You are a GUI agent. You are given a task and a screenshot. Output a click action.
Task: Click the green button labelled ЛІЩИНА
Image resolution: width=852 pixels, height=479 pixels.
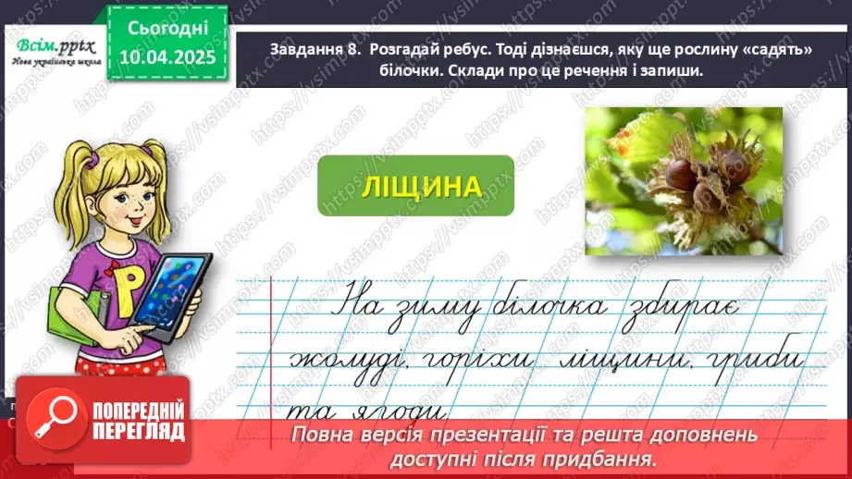click(414, 186)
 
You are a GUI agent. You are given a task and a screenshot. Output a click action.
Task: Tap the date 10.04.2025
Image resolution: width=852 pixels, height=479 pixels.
click(165, 57)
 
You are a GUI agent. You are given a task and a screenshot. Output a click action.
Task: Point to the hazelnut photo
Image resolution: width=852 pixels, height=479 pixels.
click(684, 179)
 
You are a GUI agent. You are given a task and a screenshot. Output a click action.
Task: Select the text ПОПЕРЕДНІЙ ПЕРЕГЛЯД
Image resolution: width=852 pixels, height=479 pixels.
click(131, 421)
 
